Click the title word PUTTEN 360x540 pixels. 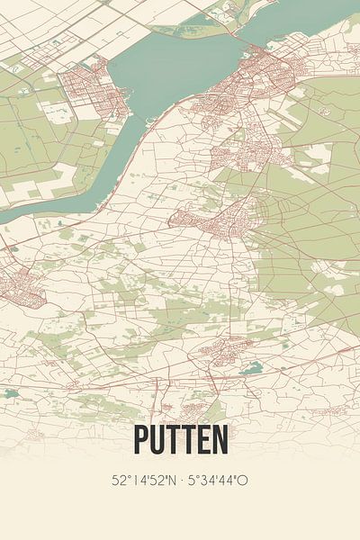click(180, 440)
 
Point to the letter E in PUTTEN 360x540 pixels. click(203, 440)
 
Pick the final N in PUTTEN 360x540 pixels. click(220, 440)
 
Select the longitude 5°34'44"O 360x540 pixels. click(219, 481)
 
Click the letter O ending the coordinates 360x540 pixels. click(243, 481)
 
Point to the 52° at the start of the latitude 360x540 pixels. click(118, 481)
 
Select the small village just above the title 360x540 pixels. click(216, 351)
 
